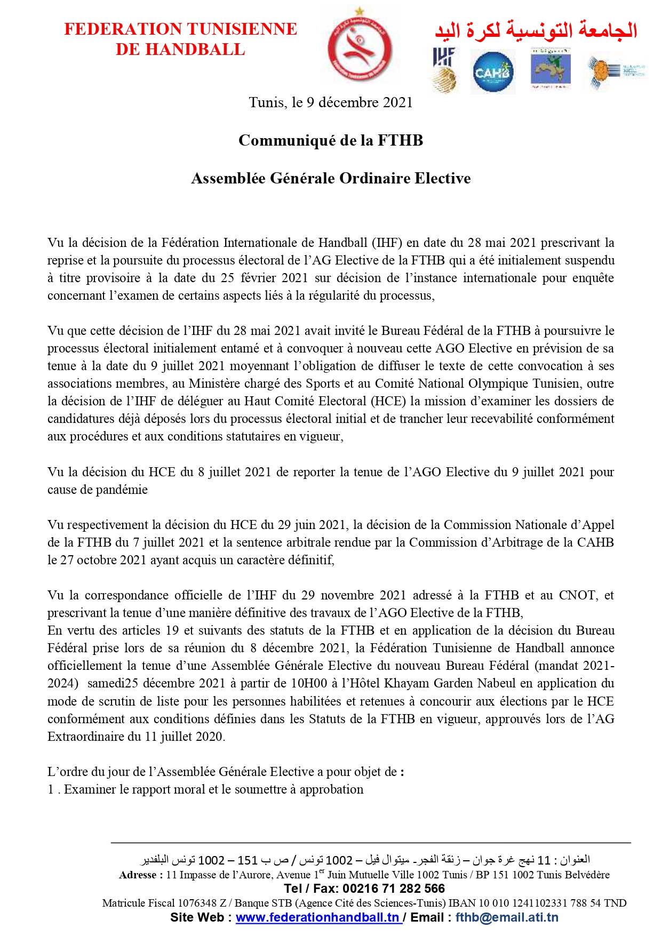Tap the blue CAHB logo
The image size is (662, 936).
click(x=493, y=71)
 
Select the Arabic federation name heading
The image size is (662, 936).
click(x=536, y=30)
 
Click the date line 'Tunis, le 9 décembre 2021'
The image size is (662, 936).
click(x=331, y=102)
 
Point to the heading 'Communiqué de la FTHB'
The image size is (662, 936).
click(x=331, y=140)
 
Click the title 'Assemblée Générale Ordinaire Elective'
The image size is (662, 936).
click(x=331, y=178)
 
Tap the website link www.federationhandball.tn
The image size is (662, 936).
click(x=318, y=917)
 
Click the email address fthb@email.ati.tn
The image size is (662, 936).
click(x=507, y=917)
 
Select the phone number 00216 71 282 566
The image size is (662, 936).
click(x=394, y=889)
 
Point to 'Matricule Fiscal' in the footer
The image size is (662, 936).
click(x=138, y=903)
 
